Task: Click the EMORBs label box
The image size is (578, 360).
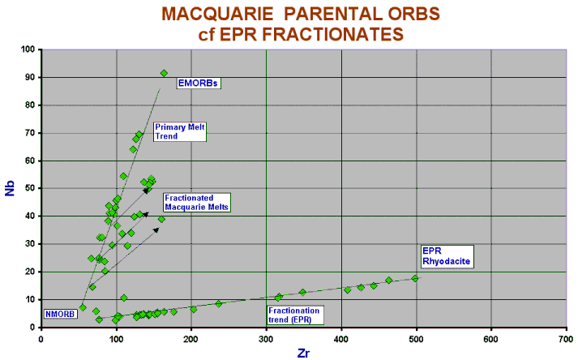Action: (199, 83)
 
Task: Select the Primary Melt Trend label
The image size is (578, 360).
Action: (180, 131)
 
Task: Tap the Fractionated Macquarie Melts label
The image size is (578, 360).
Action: (197, 203)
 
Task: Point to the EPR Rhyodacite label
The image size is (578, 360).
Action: (447, 256)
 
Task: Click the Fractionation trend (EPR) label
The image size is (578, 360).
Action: (295, 315)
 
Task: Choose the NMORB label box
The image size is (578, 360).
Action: (60, 314)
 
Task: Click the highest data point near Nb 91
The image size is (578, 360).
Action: (164, 74)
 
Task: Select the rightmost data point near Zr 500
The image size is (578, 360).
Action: (415, 278)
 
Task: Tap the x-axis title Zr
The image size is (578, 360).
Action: (303, 354)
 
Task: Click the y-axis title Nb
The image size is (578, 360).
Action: (10, 188)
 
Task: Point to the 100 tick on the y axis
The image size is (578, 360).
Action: (28, 49)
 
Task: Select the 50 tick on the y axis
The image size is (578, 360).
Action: (30, 188)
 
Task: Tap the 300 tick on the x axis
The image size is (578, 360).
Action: (266, 340)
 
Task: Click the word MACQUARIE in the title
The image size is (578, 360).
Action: (218, 15)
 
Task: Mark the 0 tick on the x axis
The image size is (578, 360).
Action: (41, 340)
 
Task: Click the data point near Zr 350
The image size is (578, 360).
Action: (302, 293)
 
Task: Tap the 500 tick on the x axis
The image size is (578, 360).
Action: (416, 340)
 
